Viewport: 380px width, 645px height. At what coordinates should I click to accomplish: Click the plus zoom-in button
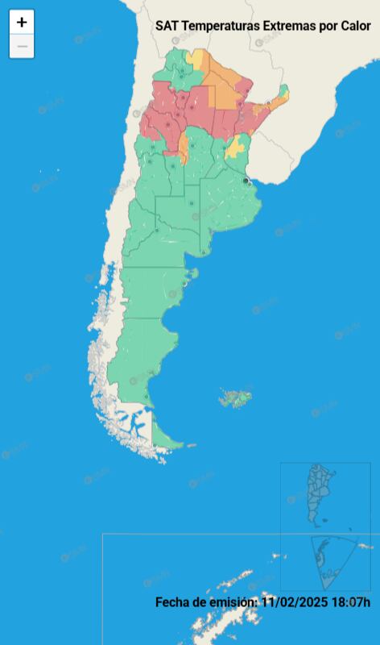point(22,23)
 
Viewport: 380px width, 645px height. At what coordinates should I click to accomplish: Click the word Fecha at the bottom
point(172,601)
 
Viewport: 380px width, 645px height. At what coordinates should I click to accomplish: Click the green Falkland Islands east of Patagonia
point(236,397)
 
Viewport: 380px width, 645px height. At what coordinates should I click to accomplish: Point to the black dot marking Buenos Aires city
point(246,181)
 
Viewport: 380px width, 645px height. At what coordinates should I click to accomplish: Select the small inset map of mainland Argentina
point(321,493)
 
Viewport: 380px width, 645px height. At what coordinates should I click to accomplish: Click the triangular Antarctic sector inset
point(332,560)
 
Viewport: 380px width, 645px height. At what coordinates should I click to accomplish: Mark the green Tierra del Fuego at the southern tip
point(166,436)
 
